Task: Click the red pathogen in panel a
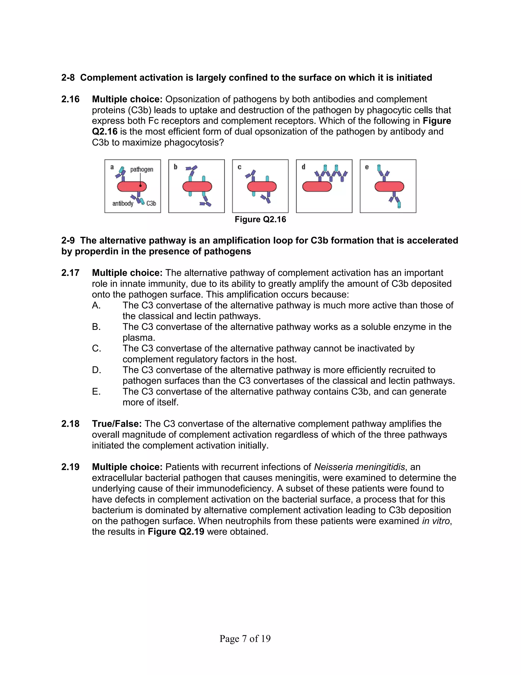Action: click(132, 186)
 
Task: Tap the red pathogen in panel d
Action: click(317, 187)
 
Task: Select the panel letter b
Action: click(175, 167)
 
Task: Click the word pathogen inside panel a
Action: click(141, 169)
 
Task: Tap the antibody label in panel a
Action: click(123, 203)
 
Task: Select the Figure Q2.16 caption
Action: click(260, 219)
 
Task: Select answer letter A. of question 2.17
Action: click(96, 305)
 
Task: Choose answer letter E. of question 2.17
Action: click(96, 391)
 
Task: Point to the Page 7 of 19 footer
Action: click(245, 639)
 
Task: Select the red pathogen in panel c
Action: click(262, 187)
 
